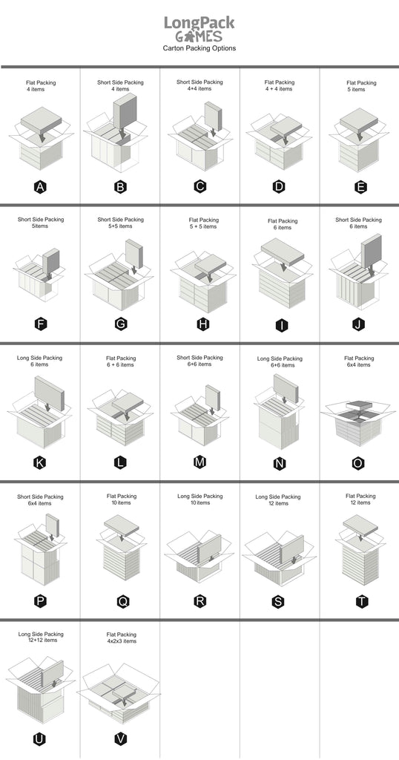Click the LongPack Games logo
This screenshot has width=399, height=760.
(199, 29)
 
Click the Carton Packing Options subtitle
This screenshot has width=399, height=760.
(199, 48)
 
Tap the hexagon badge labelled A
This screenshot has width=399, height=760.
(41, 186)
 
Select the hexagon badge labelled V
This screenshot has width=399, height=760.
(121, 738)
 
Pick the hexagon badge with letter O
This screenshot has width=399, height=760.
(358, 463)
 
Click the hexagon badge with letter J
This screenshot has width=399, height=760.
(358, 324)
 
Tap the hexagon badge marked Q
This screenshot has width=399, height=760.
(123, 601)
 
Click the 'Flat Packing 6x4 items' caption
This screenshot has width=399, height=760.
(359, 361)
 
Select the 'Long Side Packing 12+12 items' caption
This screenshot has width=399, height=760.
(41, 637)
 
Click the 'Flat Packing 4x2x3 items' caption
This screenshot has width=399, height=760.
(122, 638)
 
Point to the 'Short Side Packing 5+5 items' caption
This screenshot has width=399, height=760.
(121, 223)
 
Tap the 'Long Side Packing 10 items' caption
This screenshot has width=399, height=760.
(200, 499)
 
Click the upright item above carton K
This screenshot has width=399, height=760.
(50, 393)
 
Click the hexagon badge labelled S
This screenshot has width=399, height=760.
(278, 602)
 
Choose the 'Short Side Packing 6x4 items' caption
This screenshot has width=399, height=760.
(41, 499)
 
